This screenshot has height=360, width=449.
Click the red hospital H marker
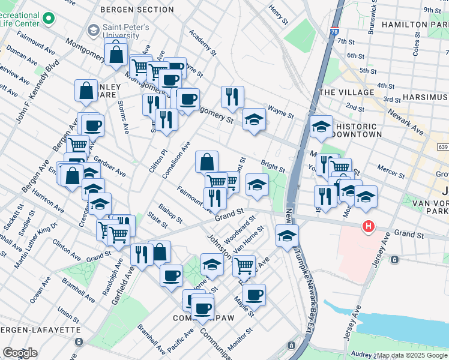point(368,227)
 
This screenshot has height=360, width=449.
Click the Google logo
point(20,353)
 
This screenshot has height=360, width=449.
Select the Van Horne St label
point(249,239)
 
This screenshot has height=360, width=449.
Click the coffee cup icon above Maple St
point(254,295)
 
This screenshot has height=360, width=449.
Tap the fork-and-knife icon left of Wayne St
point(232,96)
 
